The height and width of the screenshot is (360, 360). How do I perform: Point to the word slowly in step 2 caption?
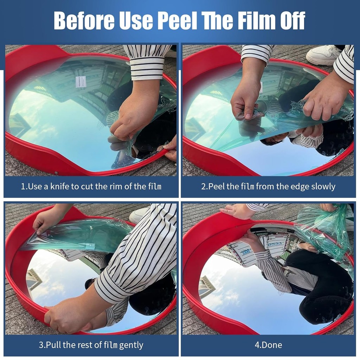(x=323, y=187)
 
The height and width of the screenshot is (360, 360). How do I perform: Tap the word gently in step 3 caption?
(x=131, y=345)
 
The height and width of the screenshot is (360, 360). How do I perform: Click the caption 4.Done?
(x=268, y=345)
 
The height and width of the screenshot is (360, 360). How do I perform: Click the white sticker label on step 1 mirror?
(x=81, y=82)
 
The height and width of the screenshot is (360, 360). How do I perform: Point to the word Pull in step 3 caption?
(x=53, y=345)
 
